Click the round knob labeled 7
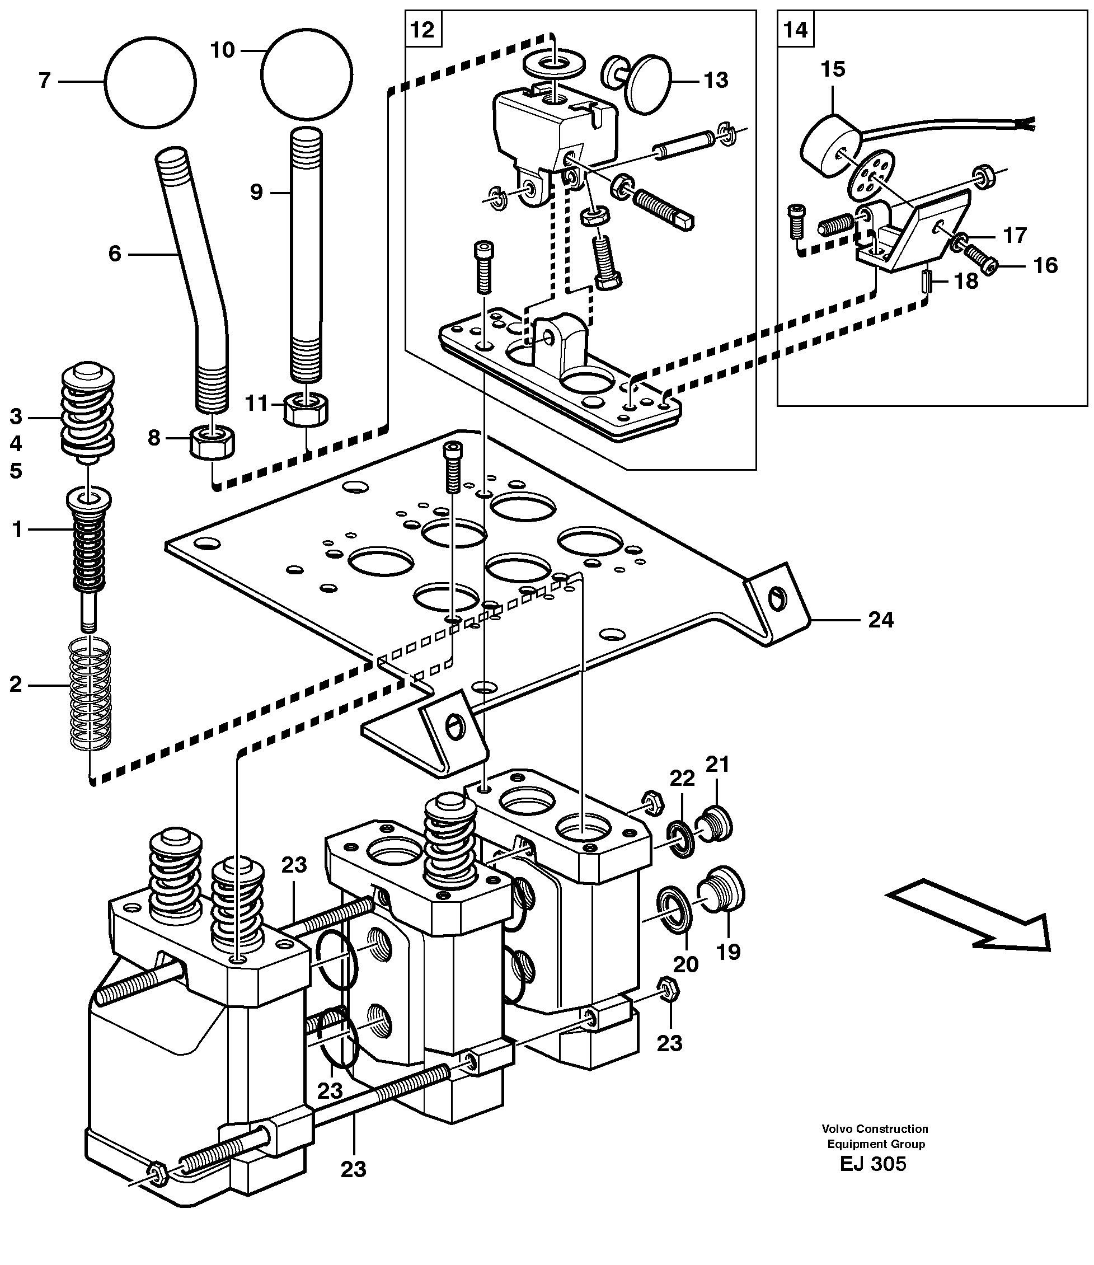coord(149,82)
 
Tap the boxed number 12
coord(422,29)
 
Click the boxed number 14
coord(795,29)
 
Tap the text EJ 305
coord(873,1164)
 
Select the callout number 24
coord(880,620)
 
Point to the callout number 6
coord(115,254)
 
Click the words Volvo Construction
coord(874,1129)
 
